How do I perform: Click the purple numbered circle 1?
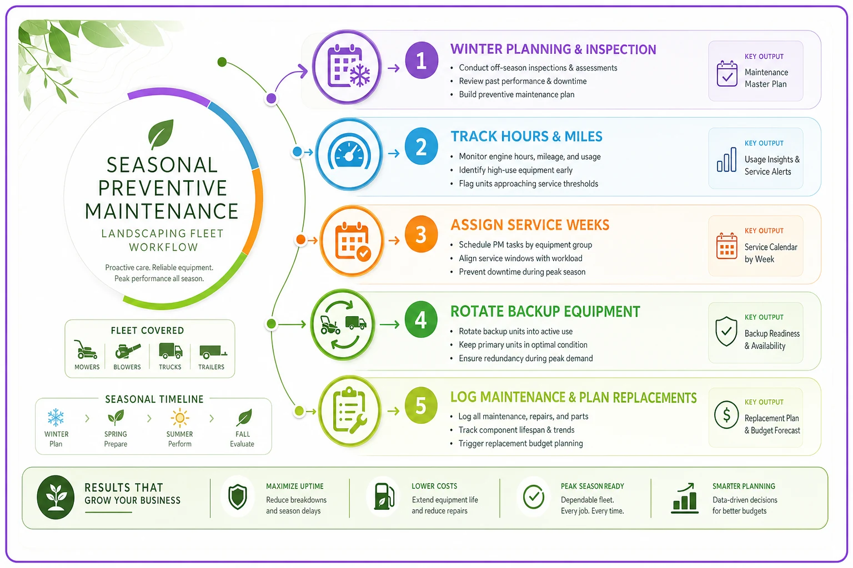[421, 60]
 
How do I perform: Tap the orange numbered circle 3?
[421, 234]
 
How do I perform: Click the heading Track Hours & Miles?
[526, 136]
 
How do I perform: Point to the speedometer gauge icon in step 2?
[349, 154]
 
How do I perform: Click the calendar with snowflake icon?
[348, 66]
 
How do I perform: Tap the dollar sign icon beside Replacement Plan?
[726, 415]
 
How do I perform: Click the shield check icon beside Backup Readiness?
[726, 331]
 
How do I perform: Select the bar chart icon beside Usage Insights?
[726, 160]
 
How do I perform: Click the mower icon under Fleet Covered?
[86, 349]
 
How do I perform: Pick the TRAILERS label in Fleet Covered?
[212, 367]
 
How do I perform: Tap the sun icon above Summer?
[180, 418]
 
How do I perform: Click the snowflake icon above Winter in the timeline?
[56, 418]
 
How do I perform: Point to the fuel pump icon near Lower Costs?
[384, 496]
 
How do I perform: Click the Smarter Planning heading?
[744, 486]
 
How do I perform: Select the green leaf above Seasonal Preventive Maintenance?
[160, 134]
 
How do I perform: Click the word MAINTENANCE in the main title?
[162, 211]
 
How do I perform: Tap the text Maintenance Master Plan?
[766, 78]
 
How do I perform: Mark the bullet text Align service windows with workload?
[520, 258]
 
